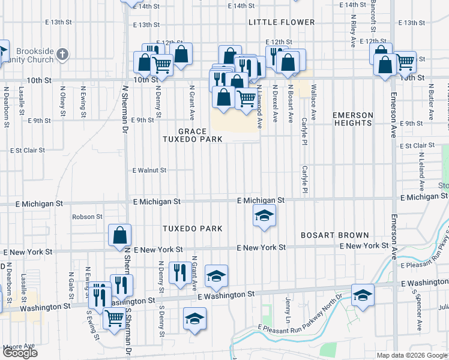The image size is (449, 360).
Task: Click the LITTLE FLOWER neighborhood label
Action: pos(282,22)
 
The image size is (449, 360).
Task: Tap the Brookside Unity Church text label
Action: pos(36,56)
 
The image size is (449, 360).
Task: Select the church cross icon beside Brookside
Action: pos(62,56)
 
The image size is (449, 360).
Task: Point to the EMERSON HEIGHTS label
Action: pos(353,119)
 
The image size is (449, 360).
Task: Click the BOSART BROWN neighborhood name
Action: pos(334,235)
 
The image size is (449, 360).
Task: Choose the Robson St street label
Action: pos(87,217)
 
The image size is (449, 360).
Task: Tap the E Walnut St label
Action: pos(149,170)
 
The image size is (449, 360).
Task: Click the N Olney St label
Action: pos(62,100)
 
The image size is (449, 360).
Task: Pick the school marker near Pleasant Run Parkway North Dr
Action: pos(362,295)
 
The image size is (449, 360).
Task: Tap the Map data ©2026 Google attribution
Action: pos(412,355)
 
